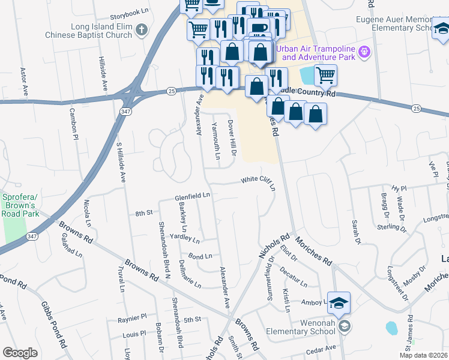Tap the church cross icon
tap(141, 30)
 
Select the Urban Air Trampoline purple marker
tap(364, 53)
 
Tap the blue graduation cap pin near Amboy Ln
tap(339, 303)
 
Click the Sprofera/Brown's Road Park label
tap(20, 205)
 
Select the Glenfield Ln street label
tap(192, 196)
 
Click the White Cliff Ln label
tap(258, 182)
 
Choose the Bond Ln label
tap(200, 256)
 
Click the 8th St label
tap(145, 213)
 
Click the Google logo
tap(19, 353)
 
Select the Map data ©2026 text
tap(423, 355)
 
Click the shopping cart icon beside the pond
tap(325, 75)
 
